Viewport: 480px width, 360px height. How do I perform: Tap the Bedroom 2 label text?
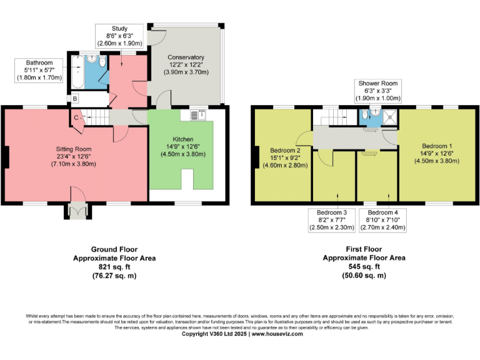[x=286, y=151]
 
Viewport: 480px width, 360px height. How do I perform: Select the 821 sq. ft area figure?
[x=114, y=266]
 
